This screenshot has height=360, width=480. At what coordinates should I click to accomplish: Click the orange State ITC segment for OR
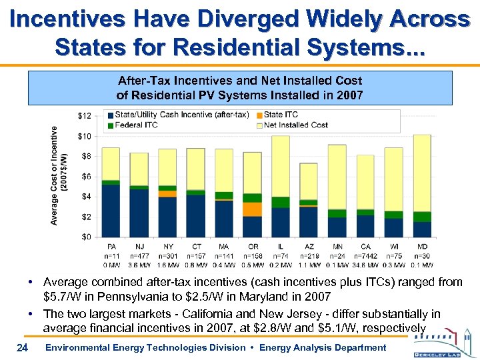click(252, 209)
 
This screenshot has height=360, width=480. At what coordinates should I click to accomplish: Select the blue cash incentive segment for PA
click(111, 210)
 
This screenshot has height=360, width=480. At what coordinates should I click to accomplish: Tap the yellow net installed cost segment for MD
click(421, 173)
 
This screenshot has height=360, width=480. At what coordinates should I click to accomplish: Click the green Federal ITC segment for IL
click(280, 202)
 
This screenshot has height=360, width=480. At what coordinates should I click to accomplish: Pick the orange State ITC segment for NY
click(167, 193)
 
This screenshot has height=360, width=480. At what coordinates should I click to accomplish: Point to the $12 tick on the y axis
click(85, 116)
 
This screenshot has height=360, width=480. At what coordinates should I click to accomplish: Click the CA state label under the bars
click(365, 245)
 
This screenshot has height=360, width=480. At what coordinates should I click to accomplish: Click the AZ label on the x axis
click(309, 245)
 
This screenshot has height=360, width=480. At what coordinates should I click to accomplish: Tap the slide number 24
click(22, 347)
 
